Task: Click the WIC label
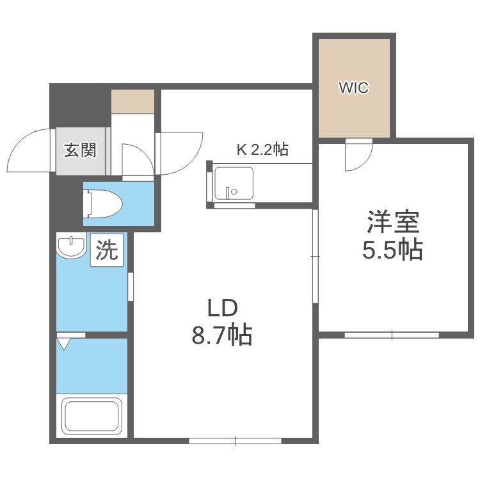click(x=353, y=88)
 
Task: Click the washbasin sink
click(x=71, y=248)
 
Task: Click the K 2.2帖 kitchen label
click(x=262, y=150)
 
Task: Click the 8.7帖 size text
click(x=221, y=335)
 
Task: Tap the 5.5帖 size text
click(x=392, y=250)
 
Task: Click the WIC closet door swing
click(x=357, y=156)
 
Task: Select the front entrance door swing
click(x=29, y=151)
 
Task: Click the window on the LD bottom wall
click(x=235, y=440)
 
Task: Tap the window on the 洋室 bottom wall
click(x=392, y=334)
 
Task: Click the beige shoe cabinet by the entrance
click(x=132, y=102)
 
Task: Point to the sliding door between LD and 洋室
click(x=315, y=256)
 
